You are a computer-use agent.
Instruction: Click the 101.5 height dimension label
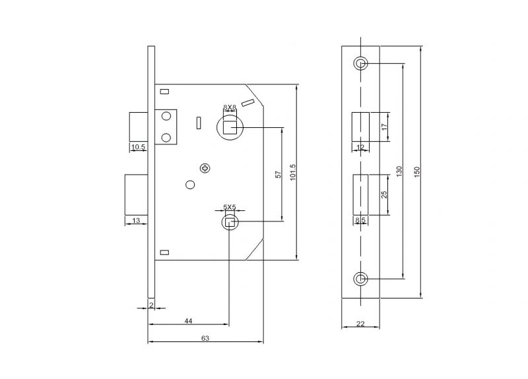coord(292,174)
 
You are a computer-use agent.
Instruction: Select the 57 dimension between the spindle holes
coord(279,175)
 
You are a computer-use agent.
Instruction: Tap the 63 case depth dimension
coord(205,338)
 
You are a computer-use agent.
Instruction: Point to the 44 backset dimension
coord(188,320)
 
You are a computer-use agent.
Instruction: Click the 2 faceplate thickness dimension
coord(151,304)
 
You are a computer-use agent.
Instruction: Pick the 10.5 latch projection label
coord(138,146)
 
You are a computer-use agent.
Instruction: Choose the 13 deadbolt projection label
coord(136,221)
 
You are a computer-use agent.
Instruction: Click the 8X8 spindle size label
coord(229,107)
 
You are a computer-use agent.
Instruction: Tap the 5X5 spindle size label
coord(229,207)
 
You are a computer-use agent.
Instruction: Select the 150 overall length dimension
coord(416,171)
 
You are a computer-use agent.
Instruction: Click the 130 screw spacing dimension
coord(398,171)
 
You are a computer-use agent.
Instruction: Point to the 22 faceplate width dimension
coord(360,323)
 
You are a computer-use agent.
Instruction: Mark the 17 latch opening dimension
coord(384,126)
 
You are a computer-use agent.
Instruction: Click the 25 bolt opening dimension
coord(384,194)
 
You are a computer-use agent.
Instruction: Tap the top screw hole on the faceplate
coord(360,63)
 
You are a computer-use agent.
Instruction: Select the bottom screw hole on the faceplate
coord(360,279)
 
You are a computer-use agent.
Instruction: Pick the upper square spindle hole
coord(229,125)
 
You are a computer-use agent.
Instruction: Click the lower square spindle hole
coord(229,223)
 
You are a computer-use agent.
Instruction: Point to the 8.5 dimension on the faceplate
coord(360,220)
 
